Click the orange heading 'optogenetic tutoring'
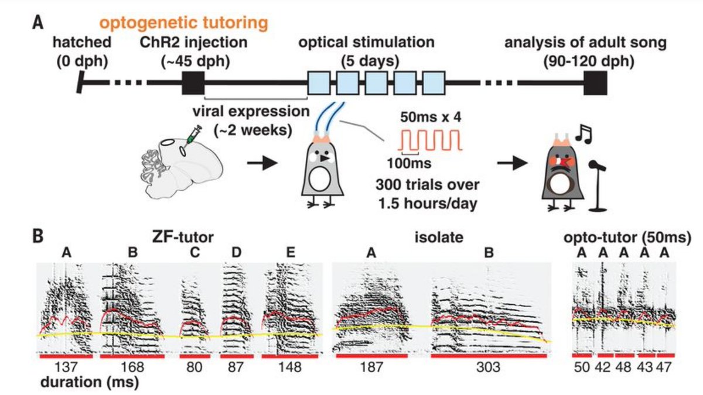pos(184,23)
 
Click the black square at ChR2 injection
pos(193,84)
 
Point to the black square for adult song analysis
pos(595,84)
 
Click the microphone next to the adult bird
pos(598,182)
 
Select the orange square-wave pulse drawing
pos(431,141)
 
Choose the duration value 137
pos(65,368)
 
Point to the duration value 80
pos(190,368)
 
